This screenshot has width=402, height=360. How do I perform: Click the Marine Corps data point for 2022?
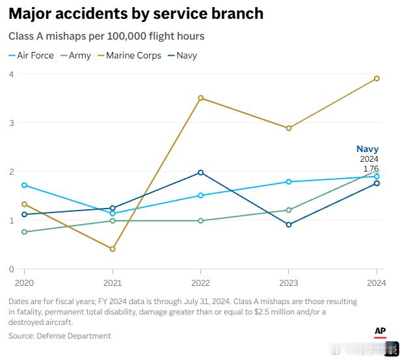click(x=200, y=98)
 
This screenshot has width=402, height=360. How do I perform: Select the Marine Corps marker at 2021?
click(x=113, y=249)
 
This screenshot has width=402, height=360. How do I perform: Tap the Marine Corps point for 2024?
click(x=377, y=79)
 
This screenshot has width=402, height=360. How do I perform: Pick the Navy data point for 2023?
click(x=289, y=225)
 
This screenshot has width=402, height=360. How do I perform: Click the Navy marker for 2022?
click(x=200, y=172)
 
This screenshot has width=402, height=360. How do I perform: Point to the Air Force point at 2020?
click(x=25, y=185)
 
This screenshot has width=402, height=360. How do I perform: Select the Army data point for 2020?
click(x=25, y=232)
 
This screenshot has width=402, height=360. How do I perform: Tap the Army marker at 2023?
click(x=289, y=210)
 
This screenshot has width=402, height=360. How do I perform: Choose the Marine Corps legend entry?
click(x=129, y=55)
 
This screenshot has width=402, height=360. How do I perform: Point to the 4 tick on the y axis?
click(x=11, y=74)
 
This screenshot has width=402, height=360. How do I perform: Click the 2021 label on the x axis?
click(x=113, y=283)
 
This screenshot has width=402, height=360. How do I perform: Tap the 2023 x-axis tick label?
click(x=289, y=283)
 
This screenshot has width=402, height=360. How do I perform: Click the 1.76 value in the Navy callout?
click(x=369, y=168)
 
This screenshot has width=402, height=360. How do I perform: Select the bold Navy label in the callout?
click(x=367, y=149)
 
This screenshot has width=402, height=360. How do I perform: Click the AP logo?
click(x=381, y=332)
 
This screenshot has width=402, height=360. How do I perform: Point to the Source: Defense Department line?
click(x=60, y=336)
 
